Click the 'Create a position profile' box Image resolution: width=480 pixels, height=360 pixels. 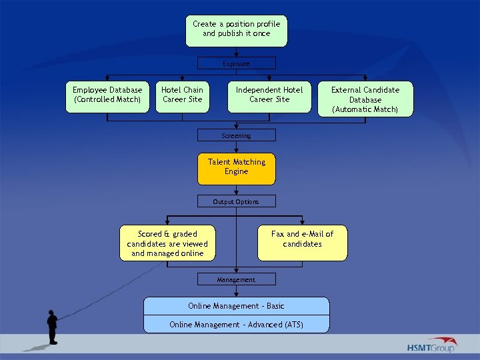236,31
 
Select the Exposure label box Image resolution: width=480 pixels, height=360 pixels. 236,63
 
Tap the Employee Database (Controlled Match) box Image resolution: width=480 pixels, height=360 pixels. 107,97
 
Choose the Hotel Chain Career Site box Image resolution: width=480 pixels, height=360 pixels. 182,97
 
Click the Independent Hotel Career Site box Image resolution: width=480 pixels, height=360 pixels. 269,97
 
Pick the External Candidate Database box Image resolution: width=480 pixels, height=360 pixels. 365,99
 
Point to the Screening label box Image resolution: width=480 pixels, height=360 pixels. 236,135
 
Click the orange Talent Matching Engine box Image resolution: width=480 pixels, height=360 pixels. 236,169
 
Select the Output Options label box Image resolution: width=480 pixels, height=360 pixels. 236,201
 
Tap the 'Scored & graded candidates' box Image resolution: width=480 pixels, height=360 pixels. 167,243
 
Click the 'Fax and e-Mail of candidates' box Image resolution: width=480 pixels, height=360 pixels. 302,243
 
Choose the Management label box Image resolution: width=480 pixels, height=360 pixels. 236,279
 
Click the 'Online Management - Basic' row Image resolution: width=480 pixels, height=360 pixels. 236,306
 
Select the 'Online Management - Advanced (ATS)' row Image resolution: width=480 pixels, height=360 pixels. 236,325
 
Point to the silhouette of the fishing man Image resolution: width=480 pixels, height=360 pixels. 52,327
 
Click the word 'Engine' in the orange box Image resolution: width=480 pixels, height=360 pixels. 236,172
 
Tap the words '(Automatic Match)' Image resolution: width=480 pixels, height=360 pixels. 365,109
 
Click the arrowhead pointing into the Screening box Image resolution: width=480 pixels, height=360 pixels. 236,125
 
